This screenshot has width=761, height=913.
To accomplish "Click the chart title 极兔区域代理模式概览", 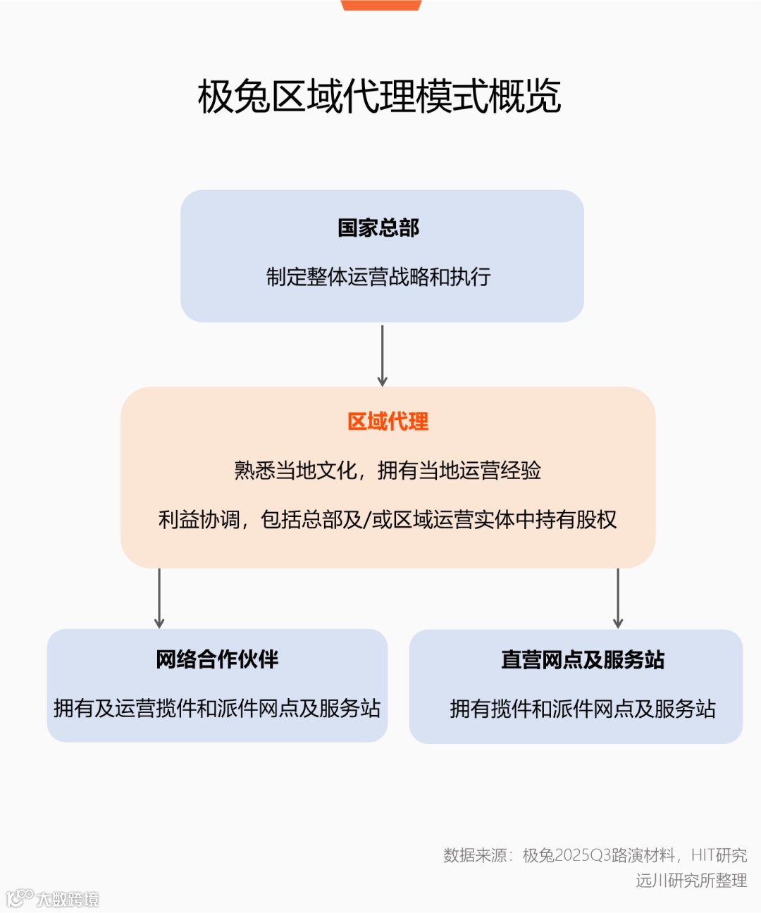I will click(379, 97).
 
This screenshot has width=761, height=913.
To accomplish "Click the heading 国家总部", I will click(378, 228).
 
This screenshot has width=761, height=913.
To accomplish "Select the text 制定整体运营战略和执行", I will click(378, 277).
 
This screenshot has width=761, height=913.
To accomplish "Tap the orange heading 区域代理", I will click(388, 422).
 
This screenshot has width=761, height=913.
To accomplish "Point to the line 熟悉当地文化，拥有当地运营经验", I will click(388, 471).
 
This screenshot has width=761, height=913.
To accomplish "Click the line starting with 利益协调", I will click(388, 520).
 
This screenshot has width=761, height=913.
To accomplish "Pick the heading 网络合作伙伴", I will click(217, 659).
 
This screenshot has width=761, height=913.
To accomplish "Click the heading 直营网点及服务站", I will click(583, 660).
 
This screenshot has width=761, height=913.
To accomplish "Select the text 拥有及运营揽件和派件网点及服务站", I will click(217, 708).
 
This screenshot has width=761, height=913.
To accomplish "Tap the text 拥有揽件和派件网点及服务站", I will click(583, 709).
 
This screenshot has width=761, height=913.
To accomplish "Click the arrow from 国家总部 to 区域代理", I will click(382, 355).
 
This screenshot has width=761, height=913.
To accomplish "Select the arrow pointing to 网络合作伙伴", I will click(159, 598).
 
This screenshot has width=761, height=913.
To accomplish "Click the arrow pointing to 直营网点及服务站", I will click(618, 598).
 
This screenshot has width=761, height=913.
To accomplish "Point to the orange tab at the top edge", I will click(381, 5).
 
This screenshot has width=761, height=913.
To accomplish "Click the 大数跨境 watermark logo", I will click(53, 898).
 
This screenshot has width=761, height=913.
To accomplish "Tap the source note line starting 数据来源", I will click(595, 856).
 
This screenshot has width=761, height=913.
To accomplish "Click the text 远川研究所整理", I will click(691, 881).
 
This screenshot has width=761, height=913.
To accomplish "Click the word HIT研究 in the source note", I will click(719, 856).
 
